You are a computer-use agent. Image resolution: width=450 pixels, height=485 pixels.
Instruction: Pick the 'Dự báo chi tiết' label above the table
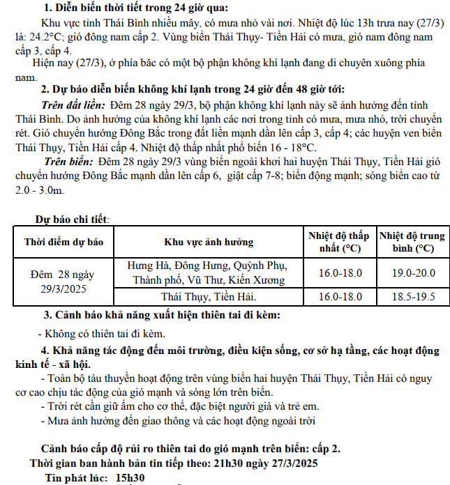(x=72, y=220)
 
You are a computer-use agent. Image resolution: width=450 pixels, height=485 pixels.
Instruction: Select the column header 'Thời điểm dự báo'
(x=63, y=243)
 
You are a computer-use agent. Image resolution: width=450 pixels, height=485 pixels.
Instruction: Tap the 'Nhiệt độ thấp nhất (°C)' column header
(x=339, y=242)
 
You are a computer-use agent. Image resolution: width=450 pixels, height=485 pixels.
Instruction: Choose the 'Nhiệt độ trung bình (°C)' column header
(x=412, y=242)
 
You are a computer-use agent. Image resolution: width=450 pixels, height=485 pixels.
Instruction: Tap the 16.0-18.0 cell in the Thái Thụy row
(x=340, y=298)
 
